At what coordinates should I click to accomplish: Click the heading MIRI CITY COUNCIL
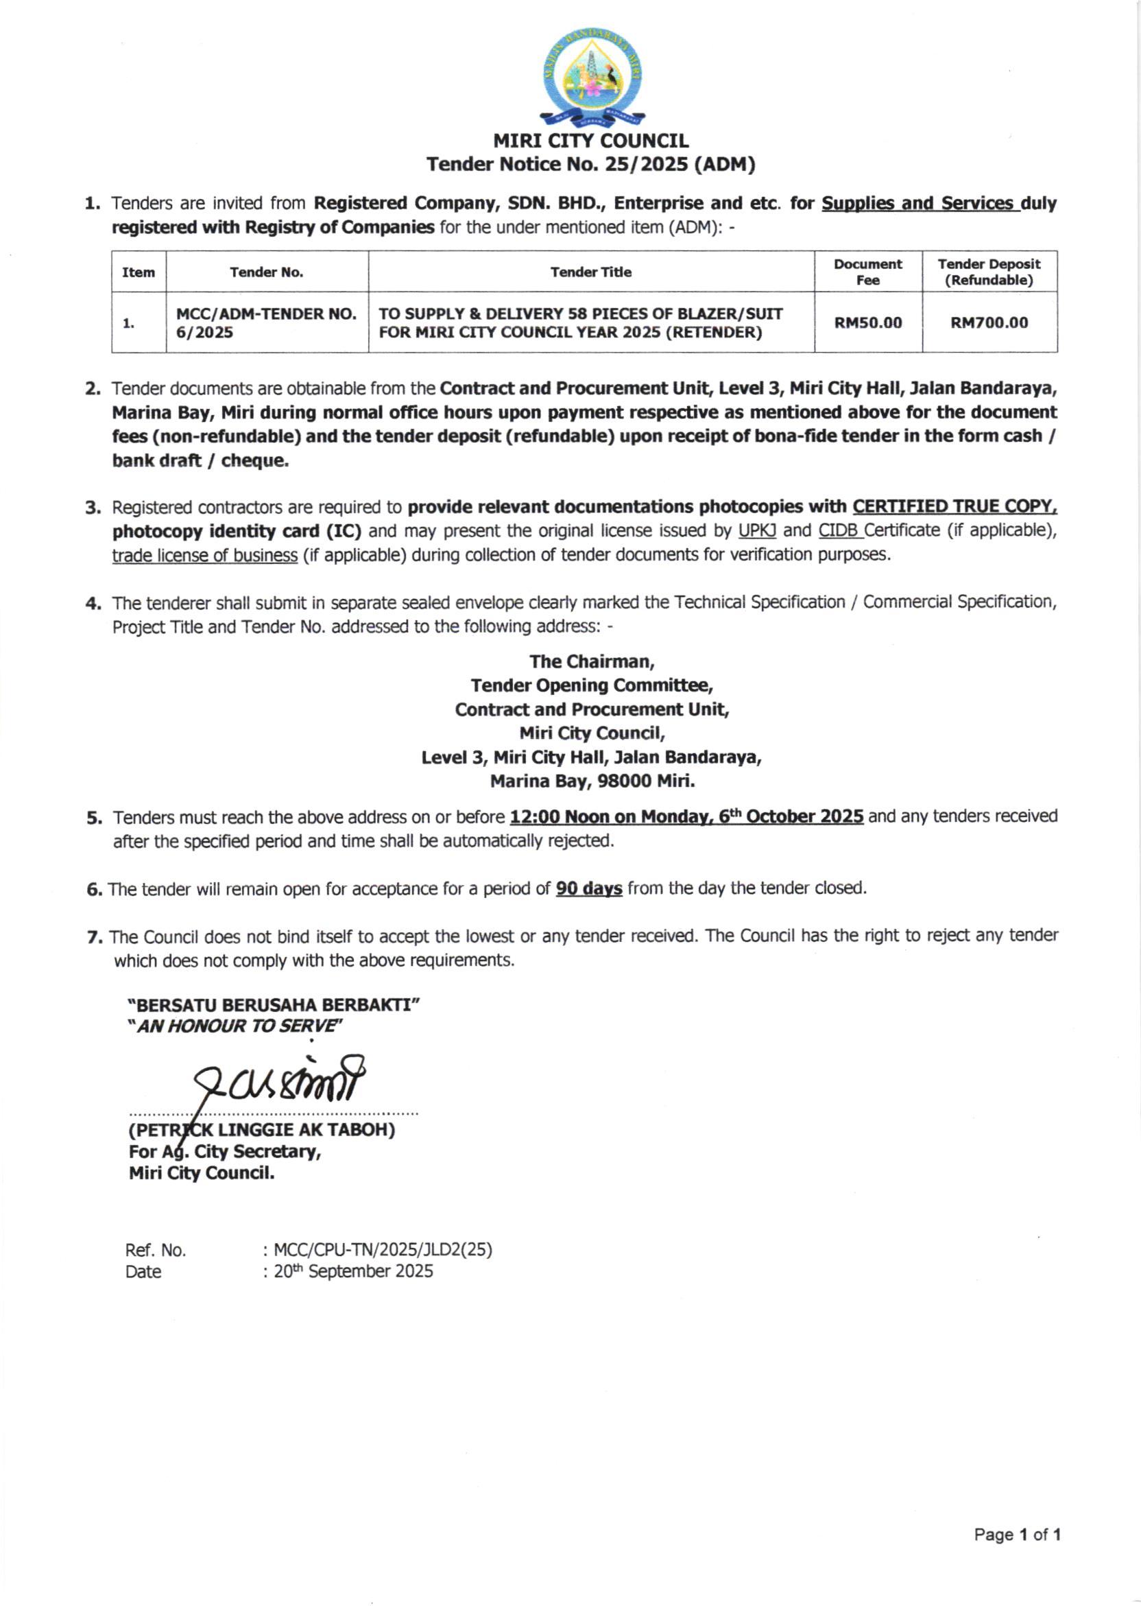coord(591,141)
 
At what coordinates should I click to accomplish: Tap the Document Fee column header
coord(867,272)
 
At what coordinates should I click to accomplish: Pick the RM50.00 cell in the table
coord(867,322)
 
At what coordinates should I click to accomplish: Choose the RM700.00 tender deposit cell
coord(989,322)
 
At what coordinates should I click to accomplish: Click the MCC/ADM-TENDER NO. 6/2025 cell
coord(266,322)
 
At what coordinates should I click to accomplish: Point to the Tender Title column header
coord(591,272)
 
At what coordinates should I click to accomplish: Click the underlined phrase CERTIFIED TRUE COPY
coord(954,507)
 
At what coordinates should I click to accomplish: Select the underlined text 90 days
coord(589,889)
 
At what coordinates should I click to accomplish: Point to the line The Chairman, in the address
coord(592,661)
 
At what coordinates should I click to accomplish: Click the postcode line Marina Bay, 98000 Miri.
coord(592,781)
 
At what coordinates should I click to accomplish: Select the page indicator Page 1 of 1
coord(1017,1535)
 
